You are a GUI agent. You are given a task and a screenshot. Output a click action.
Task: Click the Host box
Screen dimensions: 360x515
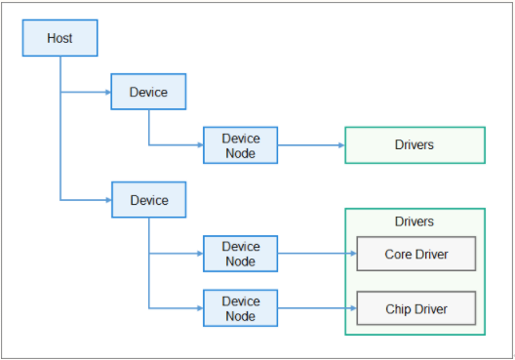(x=59, y=38)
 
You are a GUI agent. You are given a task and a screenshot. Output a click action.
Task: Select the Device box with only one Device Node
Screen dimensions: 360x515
(x=148, y=92)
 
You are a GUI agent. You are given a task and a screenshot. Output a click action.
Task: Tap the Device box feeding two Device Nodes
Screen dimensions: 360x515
(x=148, y=199)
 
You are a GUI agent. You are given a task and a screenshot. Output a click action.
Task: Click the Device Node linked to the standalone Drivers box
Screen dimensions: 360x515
(x=240, y=145)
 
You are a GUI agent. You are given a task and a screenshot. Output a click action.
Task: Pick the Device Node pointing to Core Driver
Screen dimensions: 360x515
(x=240, y=254)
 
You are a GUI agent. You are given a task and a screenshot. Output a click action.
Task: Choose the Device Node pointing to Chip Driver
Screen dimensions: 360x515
(x=240, y=308)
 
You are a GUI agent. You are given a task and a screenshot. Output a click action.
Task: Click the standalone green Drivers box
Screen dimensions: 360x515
(x=415, y=145)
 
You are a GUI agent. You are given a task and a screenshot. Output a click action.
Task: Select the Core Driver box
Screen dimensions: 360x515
(x=416, y=254)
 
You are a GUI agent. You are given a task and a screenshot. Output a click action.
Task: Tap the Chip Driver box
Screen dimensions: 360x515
(x=416, y=308)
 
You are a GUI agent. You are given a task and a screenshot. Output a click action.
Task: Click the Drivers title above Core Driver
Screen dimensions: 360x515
(x=415, y=221)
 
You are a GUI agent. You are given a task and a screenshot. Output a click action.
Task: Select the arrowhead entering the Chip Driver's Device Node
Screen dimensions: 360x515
(x=198, y=308)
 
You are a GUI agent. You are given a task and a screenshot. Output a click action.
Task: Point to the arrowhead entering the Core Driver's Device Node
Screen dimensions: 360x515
(x=198, y=254)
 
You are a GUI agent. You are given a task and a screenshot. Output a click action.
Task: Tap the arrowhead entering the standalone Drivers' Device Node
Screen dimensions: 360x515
(x=198, y=145)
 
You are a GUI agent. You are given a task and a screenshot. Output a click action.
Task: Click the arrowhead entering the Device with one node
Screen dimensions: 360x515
(x=107, y=92)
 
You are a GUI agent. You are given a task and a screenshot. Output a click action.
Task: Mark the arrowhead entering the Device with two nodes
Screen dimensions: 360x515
(x=107, y=199)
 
